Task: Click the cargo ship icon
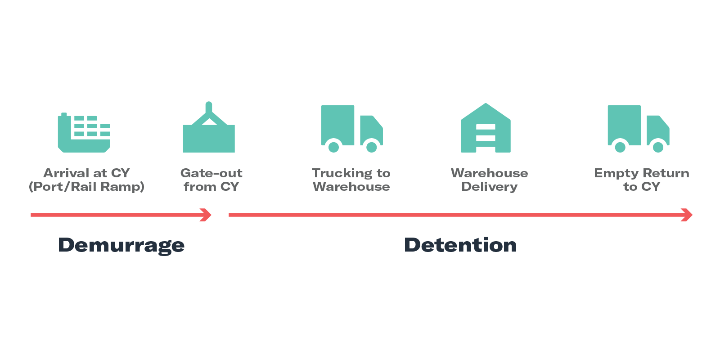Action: [x=84, y=133]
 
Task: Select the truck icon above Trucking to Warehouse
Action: [x=351, y=128]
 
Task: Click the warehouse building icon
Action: [x=486, y=129]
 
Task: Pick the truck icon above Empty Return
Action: [x=638, y=128]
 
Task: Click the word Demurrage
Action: [x=121, y=245]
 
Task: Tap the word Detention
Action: [x=460, y=245]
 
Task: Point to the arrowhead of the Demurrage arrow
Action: [x=207, y=215]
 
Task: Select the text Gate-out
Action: [x=211, y=173]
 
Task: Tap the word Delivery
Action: [x=490, y=187]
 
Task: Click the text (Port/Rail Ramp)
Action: [x=86, y=187]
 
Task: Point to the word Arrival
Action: [x=66, y=173]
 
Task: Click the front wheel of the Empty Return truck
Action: [x=658, y=147]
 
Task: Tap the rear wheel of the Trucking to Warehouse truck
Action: [x=333, y=147]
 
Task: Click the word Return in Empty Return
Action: [x=666, y=173]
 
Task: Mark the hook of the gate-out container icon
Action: [x=209, y=108]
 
